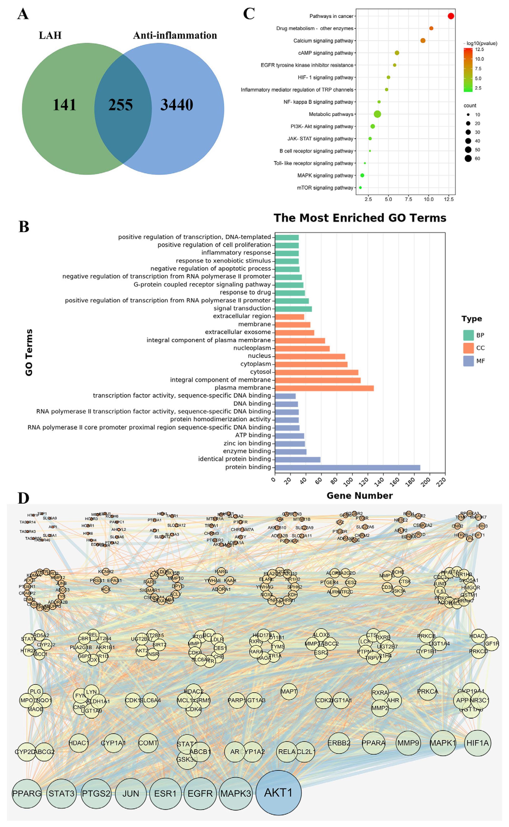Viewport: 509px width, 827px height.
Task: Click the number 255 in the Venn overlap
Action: click(120, 105)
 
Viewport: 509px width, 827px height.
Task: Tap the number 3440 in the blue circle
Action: click(177, 105)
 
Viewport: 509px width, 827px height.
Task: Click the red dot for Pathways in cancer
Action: click(451, 16)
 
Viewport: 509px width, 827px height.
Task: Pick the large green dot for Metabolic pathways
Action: click(377, 114)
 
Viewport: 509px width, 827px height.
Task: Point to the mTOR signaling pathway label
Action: click(325, 188)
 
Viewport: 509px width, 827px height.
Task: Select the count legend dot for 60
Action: click(468, 158)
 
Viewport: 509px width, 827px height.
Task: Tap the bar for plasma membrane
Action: click(324, 388)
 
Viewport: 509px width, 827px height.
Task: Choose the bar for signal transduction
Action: click(293, 309)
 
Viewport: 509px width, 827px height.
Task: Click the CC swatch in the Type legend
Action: click(468, 348)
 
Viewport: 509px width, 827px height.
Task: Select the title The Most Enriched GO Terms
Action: click(360, 218)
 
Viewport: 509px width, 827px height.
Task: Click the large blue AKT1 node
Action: click(278, 793)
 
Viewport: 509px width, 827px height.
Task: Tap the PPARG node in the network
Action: click(27, 793)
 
